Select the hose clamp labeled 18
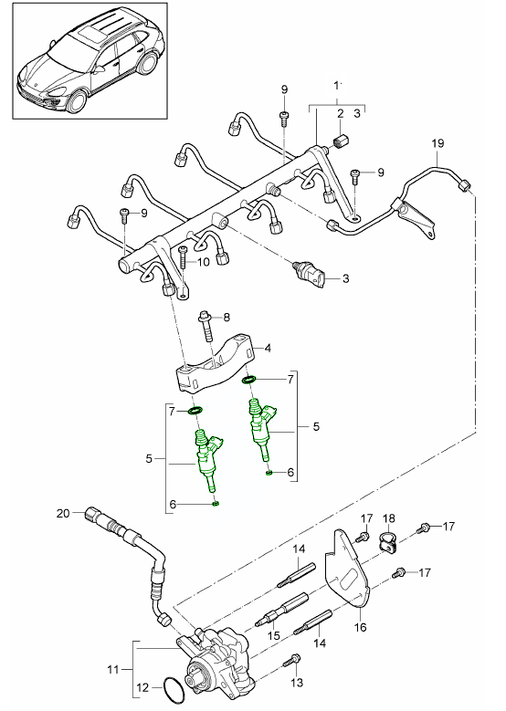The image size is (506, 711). pyautogui.click(x=386, y=544)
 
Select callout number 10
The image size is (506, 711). pyautogui.click(x=202, y=261)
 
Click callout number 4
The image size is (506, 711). pyautogui.click(x=269, y=347)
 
